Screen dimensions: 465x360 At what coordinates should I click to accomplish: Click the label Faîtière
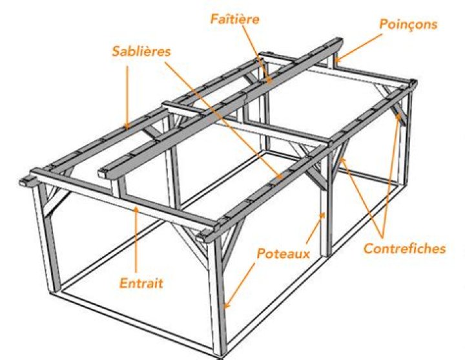click(x=235, y=19)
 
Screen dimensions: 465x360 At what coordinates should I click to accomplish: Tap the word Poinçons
click(x=408, y=24)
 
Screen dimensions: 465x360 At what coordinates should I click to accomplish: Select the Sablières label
click(x=141, y=51)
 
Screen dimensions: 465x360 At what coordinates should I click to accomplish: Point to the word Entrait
click(x=141, y=283)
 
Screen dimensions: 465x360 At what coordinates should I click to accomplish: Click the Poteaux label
click(x=284, y=254)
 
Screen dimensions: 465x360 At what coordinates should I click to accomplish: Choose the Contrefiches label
click(x=404, y=248)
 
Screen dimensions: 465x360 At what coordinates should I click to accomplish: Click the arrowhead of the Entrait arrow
click(x=136, y=208)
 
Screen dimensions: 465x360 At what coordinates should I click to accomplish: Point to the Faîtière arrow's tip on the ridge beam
click(x=269, y=81)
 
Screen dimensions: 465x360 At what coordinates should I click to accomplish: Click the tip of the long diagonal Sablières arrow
click(x=280, y=177)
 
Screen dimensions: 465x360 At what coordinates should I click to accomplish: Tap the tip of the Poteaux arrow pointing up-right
click(x=324, y=214)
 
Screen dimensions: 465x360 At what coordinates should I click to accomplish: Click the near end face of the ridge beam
click(x=103, y=173)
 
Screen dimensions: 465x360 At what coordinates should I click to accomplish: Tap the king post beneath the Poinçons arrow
click(x=331, y=61)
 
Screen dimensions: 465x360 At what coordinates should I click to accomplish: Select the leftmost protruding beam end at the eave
click(x=25, y=182)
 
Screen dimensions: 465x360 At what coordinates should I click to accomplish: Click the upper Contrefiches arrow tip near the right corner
click(x=398, y=116)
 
